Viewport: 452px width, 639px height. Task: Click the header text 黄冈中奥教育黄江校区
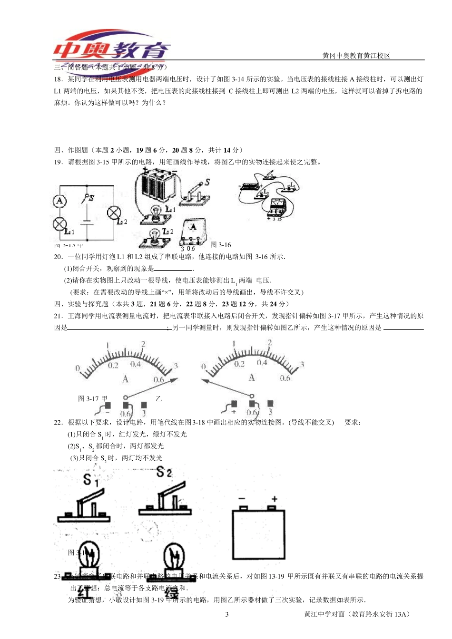click(356, 56)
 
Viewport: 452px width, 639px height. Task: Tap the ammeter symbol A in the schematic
click(59, 201)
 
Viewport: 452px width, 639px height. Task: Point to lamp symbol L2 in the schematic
click(114, 213)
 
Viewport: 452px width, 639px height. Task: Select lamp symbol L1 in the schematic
click(59, 223)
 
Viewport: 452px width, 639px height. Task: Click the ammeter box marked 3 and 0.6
click(193, 233)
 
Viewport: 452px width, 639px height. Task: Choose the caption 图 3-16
click(220, 245)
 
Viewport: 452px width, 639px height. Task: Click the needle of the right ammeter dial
click(227, 388)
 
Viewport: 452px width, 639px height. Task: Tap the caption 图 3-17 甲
click(93, 398)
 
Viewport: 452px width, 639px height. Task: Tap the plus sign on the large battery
click(275, 499)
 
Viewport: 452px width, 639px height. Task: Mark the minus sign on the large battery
click(242, 499)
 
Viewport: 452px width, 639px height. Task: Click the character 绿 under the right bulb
click(171, 593)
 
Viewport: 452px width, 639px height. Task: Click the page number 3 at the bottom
click(227, 614)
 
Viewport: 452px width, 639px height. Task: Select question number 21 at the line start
click(58, 316)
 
